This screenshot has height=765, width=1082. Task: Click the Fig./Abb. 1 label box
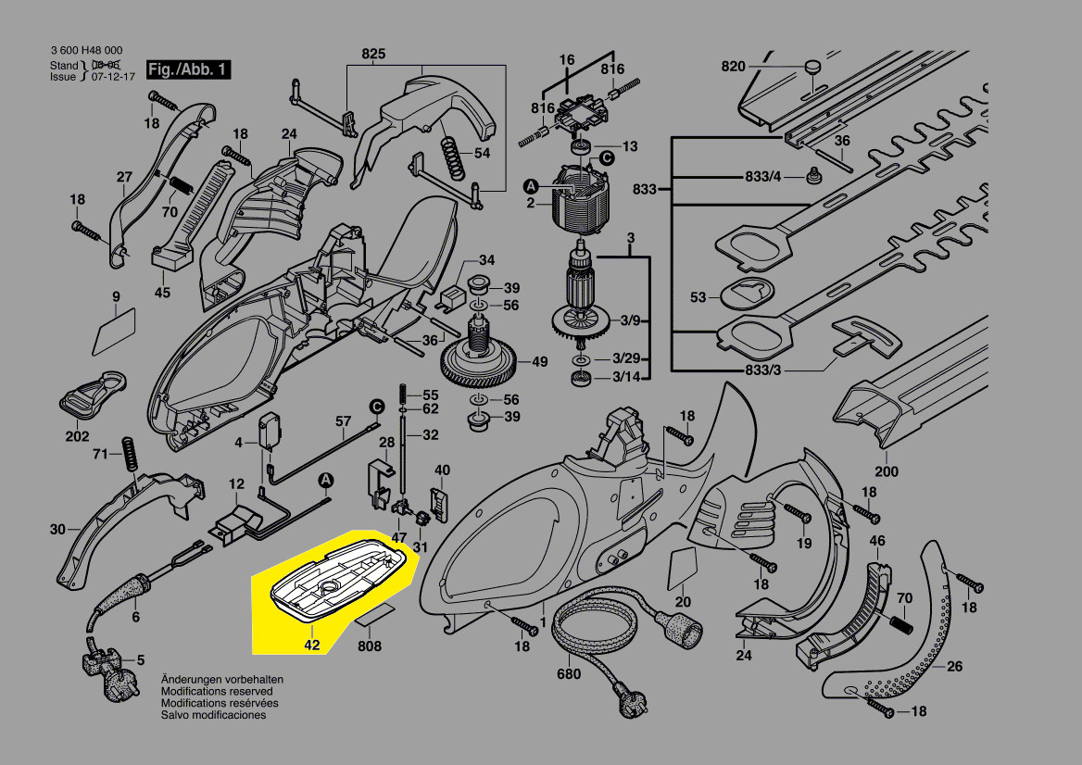pyautogui.click(x=188, y=70)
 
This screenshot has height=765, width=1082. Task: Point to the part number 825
pyautogui.click(x=372, y=54)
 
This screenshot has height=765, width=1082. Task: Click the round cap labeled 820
pyautogui.click(x=812, y=67)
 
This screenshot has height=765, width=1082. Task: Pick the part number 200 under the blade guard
pyautogui.click(x=888, y=471)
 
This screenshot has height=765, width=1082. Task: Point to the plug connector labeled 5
pyautogui.click(x=101, y=663)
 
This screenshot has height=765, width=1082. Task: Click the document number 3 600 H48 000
pyautogui.click(x=86, y=50)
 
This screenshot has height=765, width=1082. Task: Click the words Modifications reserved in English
pyautogui.click(x=217, y=691)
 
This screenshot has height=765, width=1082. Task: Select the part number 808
pyautogui.click(x=369, y=646)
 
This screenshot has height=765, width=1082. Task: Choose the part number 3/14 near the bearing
pyautogui.click(x=624, y=377)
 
